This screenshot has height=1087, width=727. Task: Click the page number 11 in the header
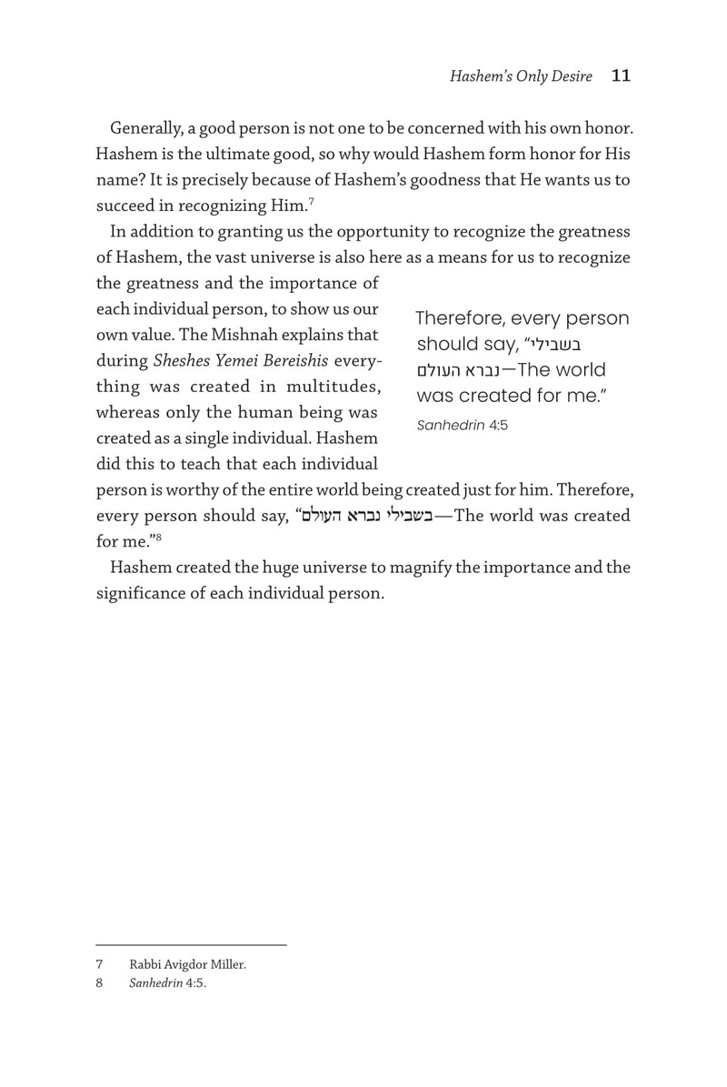coord(621,76)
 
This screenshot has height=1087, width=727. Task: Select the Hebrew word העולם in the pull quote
coord(437,371)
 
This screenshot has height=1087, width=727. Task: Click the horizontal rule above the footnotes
coord(191,945)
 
